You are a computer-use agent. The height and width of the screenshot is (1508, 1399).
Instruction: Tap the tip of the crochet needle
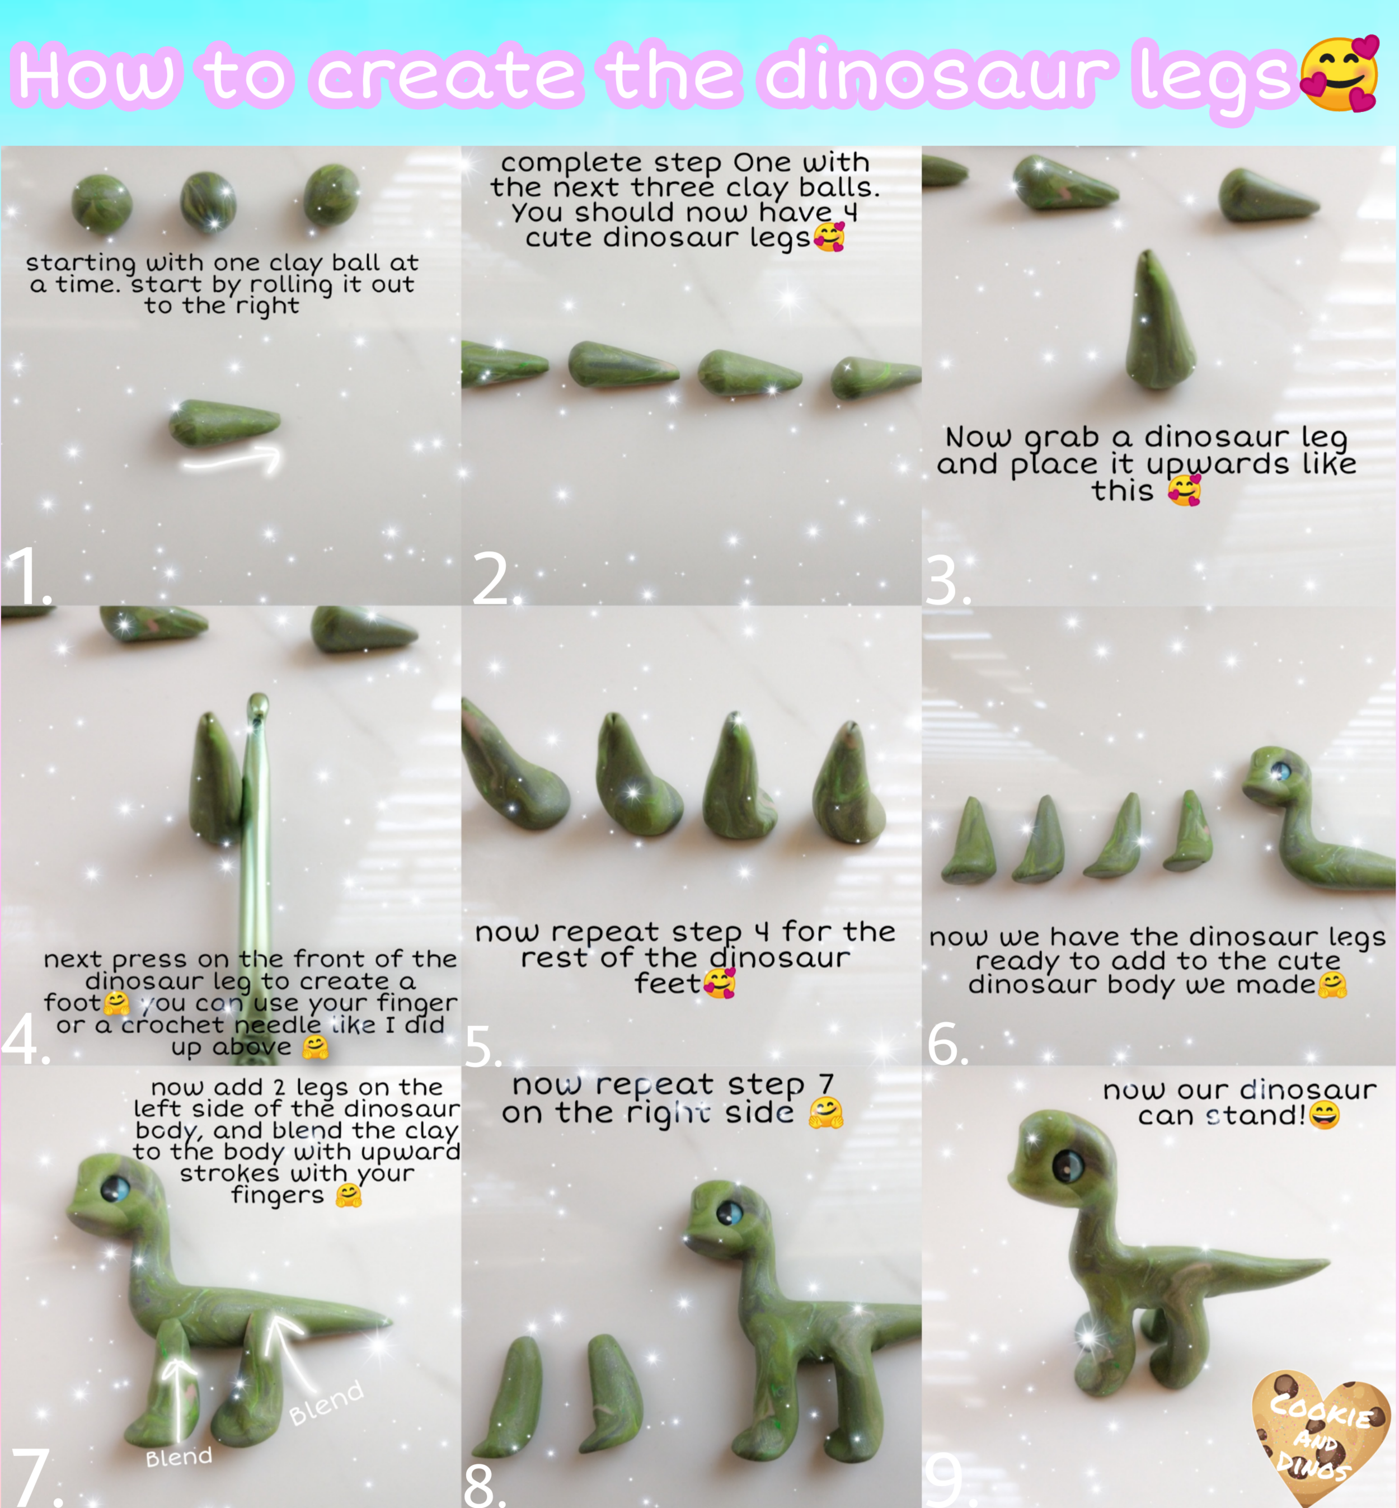coord(258,698)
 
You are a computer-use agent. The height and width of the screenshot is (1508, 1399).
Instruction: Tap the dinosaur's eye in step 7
coord(116,1189)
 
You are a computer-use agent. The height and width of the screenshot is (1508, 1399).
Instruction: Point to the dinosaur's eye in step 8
coord(730,1214)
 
